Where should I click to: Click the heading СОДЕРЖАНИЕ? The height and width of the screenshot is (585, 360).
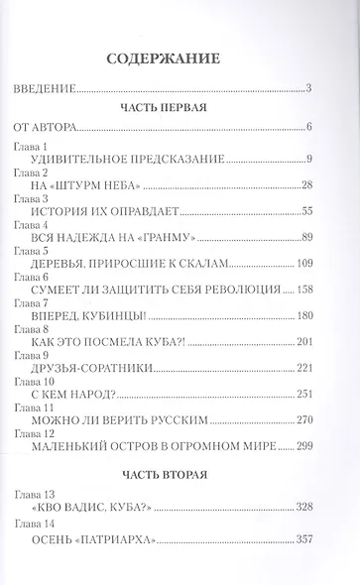180,58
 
